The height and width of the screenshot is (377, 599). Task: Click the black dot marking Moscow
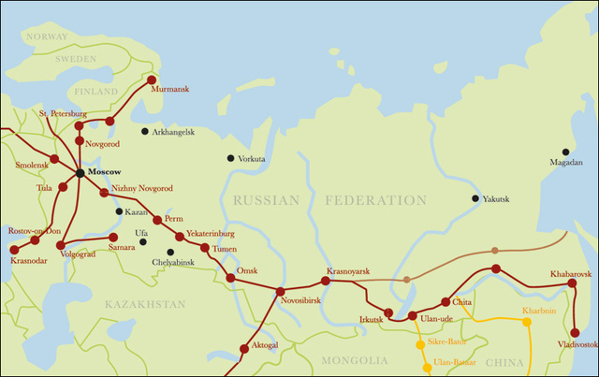(x=80, y=173)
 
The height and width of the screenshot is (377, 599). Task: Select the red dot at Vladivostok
(x=575, y=331)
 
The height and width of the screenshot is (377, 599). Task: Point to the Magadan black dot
(x=565, y=152)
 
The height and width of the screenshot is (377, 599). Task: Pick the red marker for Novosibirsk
(x=280, y=292)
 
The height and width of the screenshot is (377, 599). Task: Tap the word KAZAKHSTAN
(x=145, y=305)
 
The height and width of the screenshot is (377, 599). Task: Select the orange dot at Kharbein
(x=527, y=322)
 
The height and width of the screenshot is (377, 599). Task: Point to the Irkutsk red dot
(x=388, y=312)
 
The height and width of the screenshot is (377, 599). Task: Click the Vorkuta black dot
(x=231, y=158)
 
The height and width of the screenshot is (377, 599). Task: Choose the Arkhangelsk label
(x=173, y=132)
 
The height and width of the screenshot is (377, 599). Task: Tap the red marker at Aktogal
(x=244, y=348)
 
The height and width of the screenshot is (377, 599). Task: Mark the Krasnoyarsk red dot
(x=326, y=280)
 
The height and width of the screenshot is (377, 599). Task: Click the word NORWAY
(x=47, y=36)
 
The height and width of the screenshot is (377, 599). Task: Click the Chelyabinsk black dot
(x=170, y=252)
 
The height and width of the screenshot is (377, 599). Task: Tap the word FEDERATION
(x=375, y=200)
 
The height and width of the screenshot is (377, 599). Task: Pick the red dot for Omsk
(x=230, y=278)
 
